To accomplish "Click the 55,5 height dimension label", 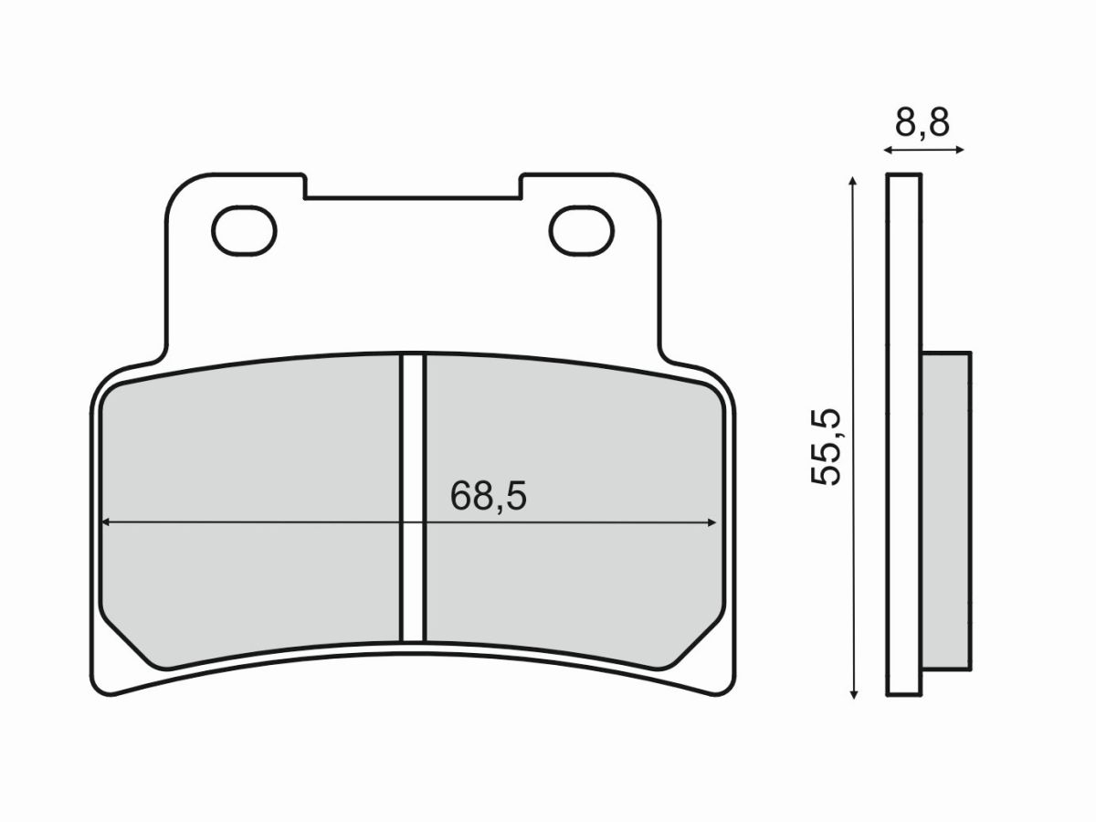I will (x=827, y=447).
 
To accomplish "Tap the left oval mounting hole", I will (x=243, y=229).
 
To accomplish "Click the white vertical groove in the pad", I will (x=414, y=498).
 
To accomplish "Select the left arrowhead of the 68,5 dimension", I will (x=104, y=523).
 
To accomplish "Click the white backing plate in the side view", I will (x=903, y=434).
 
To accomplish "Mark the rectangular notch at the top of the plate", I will (x=413, y=185).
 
